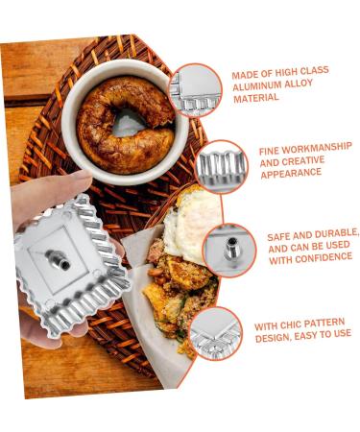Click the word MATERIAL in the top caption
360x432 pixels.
[x=255, y=99]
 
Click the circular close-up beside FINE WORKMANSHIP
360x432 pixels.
[x=222, y=166]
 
